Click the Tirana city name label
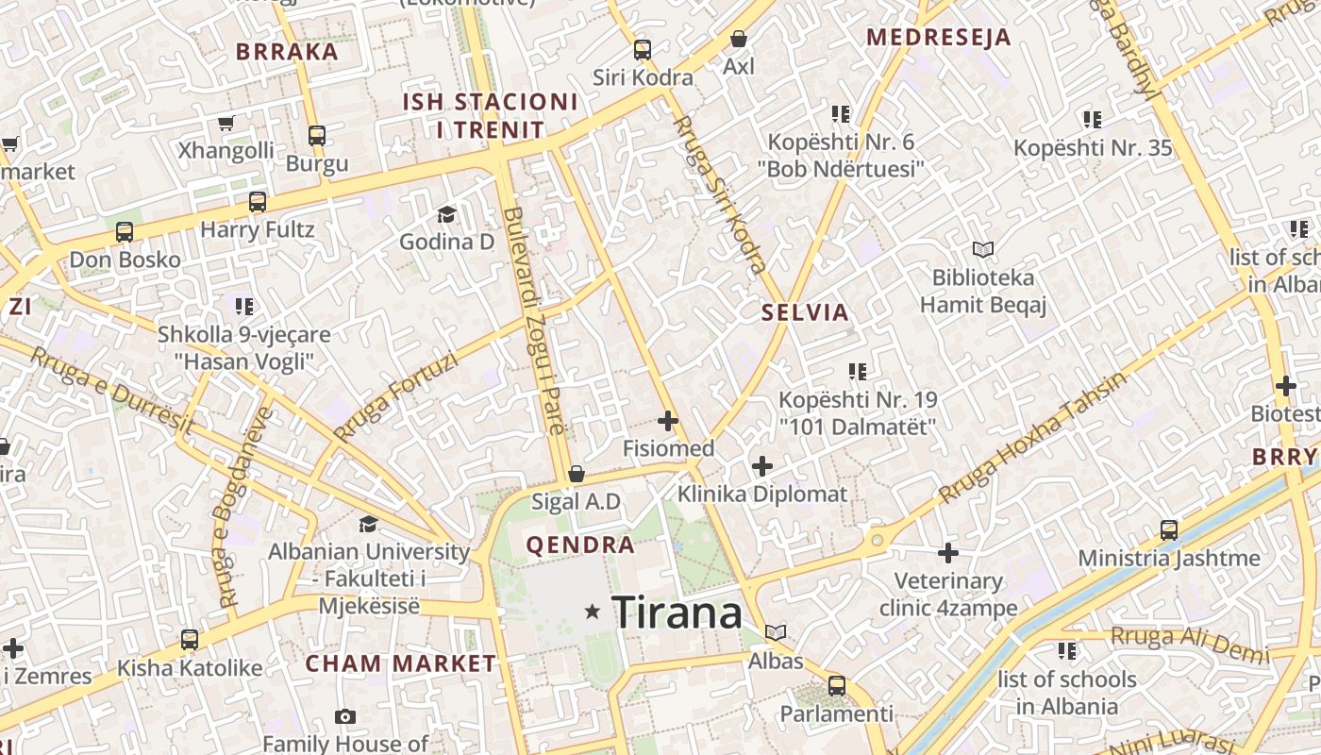coord(677,613)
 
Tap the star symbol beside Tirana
coord(593,612)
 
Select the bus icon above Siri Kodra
coord(643,49)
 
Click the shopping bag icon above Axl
coord(739,39)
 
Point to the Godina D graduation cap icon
coord(446,215)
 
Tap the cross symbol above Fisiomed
coord(668,420)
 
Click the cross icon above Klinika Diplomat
coord(762,465)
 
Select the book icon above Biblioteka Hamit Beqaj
coord(983,250)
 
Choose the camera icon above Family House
coord(345,716)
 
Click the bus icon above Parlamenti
coord(836,685)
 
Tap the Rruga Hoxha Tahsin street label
coord(1033,438)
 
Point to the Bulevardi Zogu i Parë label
coord(534,321)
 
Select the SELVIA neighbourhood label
coord(805,312)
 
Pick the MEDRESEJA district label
coord(938,38)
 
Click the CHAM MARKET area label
coord(400,663)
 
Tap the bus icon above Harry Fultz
coord(258,202)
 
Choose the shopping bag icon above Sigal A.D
coord(576,474)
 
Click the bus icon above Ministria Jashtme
coord(1169,530)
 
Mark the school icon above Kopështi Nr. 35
coord(1093,120)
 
